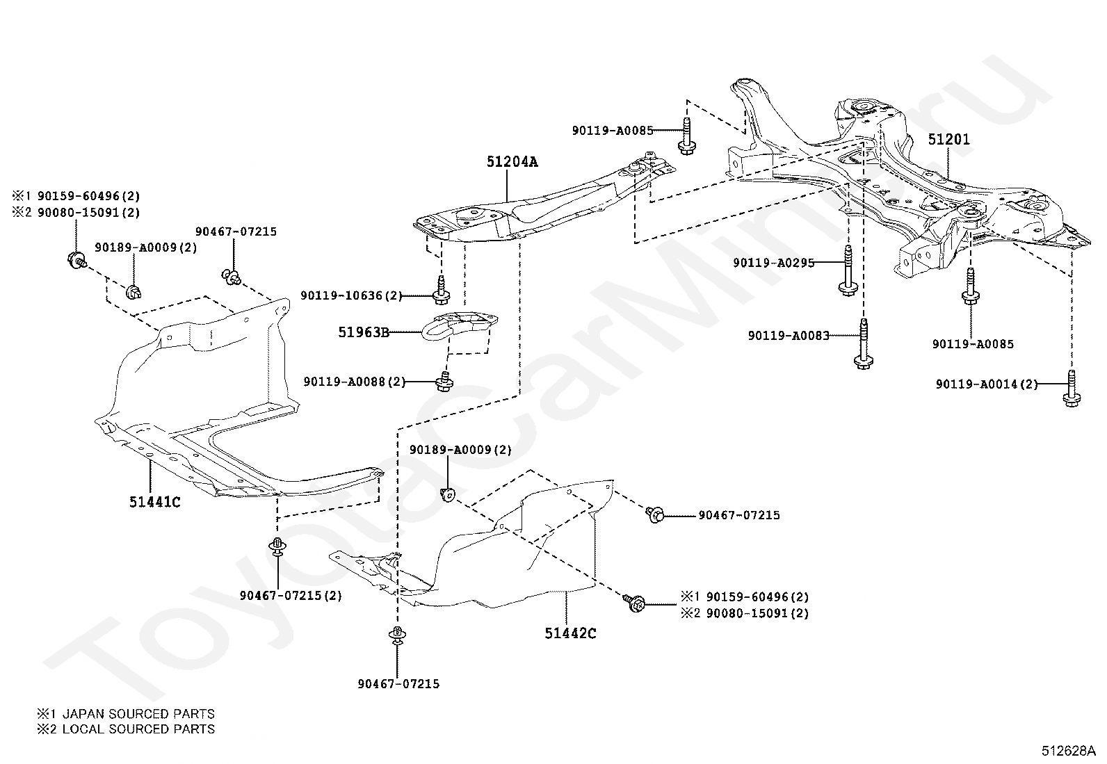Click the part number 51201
coord(948,140)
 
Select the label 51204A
coord(512,161)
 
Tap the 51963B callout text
coord(364,332)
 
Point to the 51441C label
coord(154,502)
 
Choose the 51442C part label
coord(570,633)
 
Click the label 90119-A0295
coord(773,263)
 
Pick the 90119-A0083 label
coord(789,336)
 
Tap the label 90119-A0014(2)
coord(987,384)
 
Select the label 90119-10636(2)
coord(351,295)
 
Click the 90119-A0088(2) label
coord(355,382)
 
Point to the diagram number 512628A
coord(1069,751)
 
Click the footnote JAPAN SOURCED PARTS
coord(138,713)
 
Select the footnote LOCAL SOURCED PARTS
coord(138,729)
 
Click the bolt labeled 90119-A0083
coord(864,344)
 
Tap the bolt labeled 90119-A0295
coord(848,271)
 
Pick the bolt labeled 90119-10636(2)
coord(441,290)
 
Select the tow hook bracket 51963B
coord(459,325)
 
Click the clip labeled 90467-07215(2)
coord(277,546)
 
